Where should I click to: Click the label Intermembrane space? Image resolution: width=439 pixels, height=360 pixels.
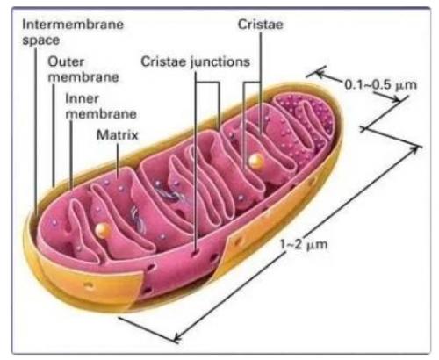click(73, 32)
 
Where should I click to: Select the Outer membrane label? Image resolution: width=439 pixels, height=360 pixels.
click(83, 69)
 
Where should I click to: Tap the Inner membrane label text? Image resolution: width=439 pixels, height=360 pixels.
click(101, 106)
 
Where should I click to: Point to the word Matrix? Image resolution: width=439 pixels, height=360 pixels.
click(117, 135)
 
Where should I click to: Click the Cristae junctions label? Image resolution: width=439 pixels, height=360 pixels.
click(195, 62)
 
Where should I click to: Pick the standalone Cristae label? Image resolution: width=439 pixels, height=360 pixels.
click(260, 25)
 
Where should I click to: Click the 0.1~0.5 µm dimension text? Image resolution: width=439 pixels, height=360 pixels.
click(380, 85)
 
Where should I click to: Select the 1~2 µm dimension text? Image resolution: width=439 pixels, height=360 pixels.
click(304, 244)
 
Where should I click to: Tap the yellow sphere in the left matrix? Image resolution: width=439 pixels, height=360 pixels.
click(103, 230)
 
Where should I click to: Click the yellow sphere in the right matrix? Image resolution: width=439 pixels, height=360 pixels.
click(256, 161)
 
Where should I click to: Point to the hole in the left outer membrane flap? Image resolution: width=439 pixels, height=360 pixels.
click(89, 285)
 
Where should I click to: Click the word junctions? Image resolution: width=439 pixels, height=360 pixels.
click(220, 62)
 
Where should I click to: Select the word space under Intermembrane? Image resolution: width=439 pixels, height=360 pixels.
click(41, 40)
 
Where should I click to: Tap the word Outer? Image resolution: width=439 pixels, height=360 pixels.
click(66, 61)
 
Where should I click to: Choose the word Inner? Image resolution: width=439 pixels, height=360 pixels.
click(82, 98)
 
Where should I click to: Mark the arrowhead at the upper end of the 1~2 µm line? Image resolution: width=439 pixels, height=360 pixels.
click(415, 149)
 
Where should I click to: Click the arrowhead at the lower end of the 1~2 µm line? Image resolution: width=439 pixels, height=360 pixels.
click(177, 337)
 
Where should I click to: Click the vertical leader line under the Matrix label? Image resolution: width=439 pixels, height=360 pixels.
click(118, 161)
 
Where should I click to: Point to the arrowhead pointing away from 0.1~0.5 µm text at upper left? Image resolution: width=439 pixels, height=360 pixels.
click(320, 73)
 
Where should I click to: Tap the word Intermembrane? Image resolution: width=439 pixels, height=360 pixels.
click(73, 25)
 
